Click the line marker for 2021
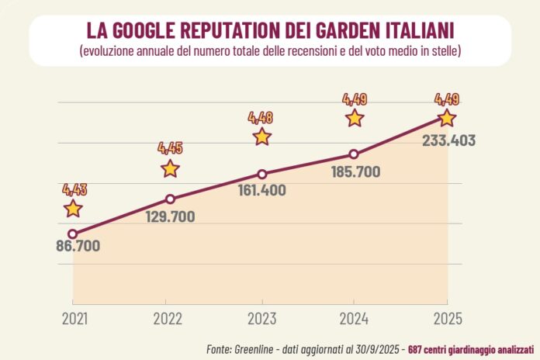point(73,234)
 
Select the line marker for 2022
point(171,199)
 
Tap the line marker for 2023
point(262,174)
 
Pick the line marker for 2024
point(354,154)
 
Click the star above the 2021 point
point(73,208)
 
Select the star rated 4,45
point(171,168)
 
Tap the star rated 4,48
point(262,137)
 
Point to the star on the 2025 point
point(446,118)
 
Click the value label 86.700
point(78,247)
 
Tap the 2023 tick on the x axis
point(262,318)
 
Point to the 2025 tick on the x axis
point(448,318)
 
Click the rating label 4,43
point(75,189)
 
